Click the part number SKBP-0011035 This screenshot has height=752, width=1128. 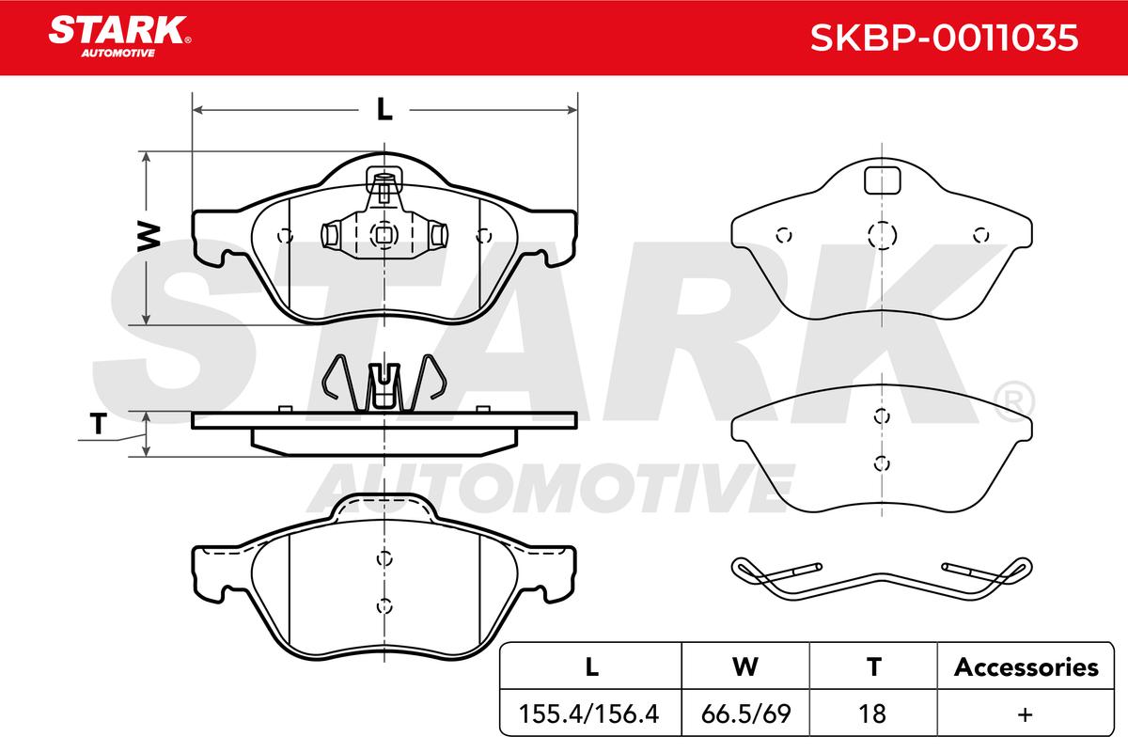(x=944, y=38)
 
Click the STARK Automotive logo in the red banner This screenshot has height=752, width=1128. (x=119, y=37)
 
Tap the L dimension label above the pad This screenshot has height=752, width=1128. (x=384, y=109)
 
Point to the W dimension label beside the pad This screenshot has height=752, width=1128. (x=149, y=236)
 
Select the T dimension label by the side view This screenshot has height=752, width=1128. (x=99, y=424)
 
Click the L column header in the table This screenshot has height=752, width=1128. (x=591, y=666)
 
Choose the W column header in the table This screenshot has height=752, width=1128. (x=745, y=666)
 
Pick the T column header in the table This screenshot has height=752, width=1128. (x=873, y=666)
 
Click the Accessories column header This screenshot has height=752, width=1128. (x=1026, y=666)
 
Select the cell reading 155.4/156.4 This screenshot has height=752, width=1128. (x=588, y=713)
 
